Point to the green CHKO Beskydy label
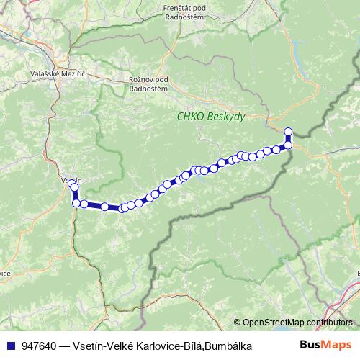[212, 115]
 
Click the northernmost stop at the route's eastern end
[288, 131]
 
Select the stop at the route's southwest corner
[76, 203]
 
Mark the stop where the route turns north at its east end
[288, 145]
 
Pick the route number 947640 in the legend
[40, 346]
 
